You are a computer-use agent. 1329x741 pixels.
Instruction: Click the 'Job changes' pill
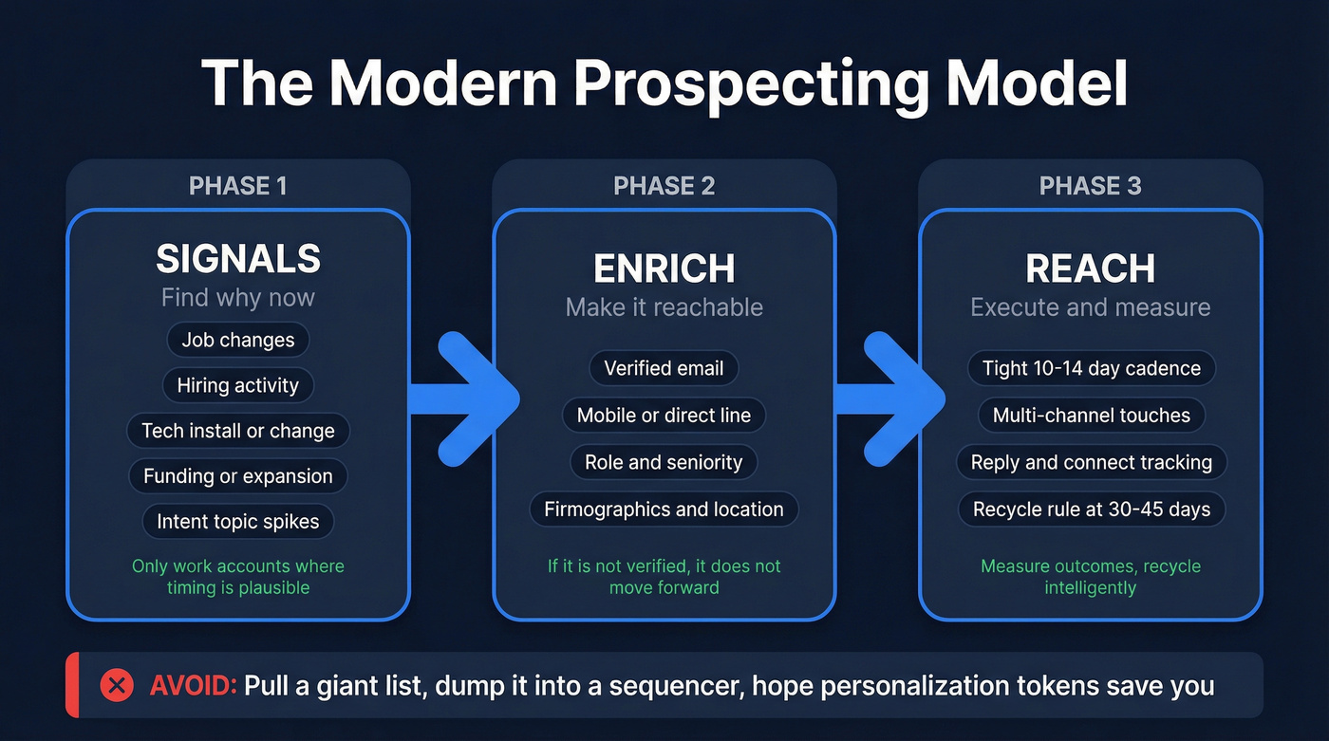point(238,340)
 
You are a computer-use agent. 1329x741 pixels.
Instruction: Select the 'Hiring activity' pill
point(238,385)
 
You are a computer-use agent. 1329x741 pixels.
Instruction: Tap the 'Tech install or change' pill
point(238,431)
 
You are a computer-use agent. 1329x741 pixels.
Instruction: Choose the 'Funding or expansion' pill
point(238,476)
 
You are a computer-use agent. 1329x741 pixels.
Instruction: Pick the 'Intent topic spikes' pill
point(238,522)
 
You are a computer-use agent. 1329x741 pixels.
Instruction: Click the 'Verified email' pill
point(664,368)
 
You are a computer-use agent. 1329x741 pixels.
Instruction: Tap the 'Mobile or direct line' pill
point(664,416)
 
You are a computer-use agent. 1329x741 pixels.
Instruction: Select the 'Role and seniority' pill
point(664,462)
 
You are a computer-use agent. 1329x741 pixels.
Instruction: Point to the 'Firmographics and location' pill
point(664,509)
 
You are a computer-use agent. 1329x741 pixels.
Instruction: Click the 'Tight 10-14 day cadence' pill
point(1091,368)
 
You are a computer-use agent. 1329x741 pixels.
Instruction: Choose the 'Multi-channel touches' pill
point(1091,416)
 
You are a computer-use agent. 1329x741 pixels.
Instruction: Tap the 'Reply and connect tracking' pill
point(1091,462)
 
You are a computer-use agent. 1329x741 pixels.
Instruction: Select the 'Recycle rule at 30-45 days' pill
point(1091,509)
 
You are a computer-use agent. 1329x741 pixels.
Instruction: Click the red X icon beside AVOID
point(117,685)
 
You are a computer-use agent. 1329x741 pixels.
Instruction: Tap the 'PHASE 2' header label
point(664,186)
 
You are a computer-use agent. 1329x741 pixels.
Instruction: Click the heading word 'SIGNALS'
point(238,259)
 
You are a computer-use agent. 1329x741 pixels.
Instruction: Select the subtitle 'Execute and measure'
point(1091,307)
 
